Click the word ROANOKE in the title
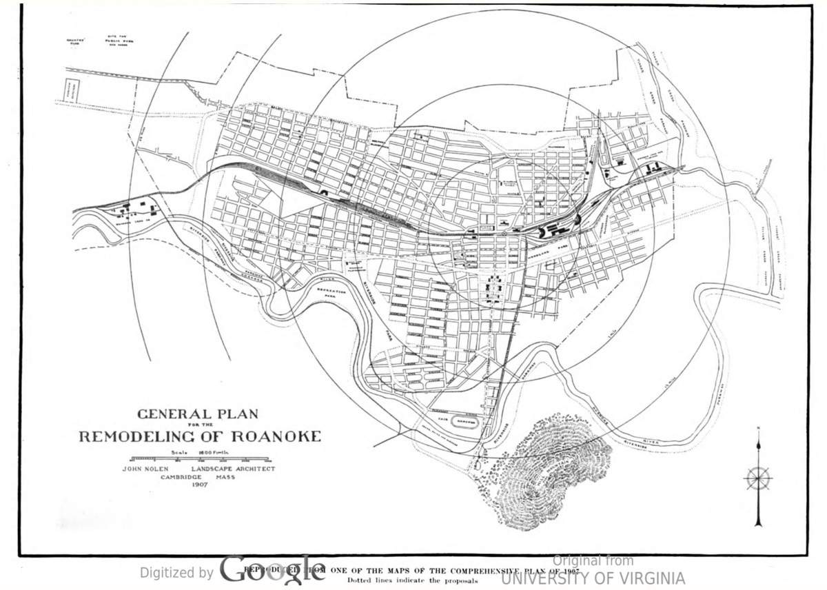tap(276, 436)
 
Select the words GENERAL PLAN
tap(198, 414)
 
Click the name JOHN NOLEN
tap(147, 469)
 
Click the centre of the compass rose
tap(758, 478)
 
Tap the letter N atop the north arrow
tap(758, 430)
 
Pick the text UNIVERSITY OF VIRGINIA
tap(593, 578)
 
